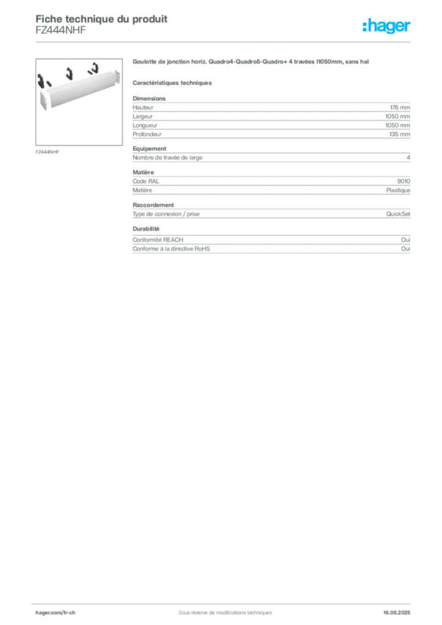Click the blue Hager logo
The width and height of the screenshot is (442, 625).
(x=388, y=27)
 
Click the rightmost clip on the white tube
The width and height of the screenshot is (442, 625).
(x=94, y=68)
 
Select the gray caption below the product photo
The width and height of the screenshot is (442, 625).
(x=49, y=151)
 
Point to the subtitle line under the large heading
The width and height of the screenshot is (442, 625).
(x=173, y=82)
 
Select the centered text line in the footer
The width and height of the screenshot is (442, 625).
(x=220, y=609)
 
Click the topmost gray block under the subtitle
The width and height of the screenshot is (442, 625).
(x=272, y=110)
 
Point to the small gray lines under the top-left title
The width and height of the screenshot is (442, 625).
(x=58, y=34)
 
